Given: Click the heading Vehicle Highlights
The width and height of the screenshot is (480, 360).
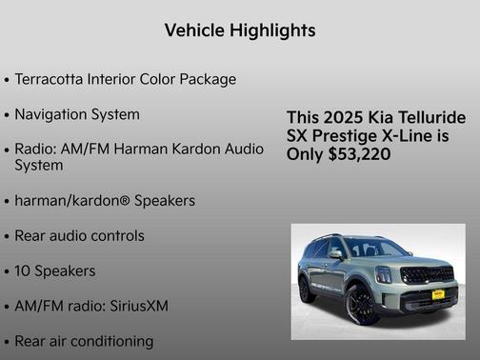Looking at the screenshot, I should coord(239,30).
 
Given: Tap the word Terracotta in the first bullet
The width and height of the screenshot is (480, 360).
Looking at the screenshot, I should coord(54,79).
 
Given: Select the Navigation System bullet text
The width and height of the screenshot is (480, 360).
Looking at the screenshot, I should coord(77,114).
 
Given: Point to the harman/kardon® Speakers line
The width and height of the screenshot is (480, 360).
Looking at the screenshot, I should coord(105,201).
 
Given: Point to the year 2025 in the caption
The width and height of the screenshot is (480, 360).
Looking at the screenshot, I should coord(341,117).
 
